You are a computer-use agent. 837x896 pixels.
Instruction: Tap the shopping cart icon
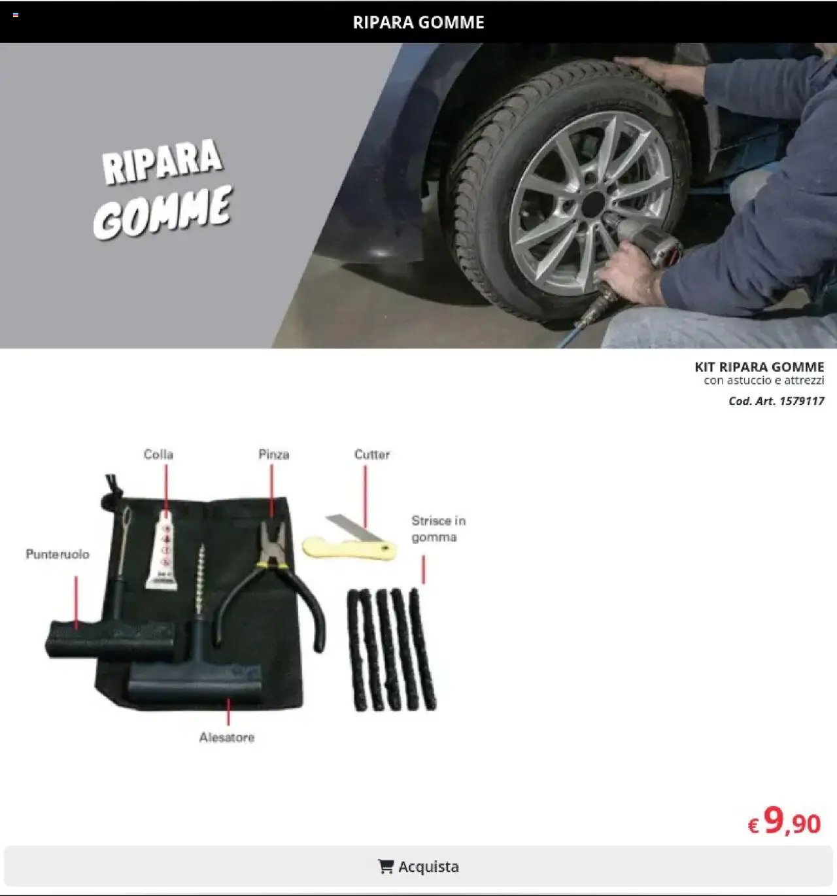pyautogui.click(x=386, y=867)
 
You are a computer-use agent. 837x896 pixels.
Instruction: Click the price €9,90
pyautogui.click(x=784, y=821)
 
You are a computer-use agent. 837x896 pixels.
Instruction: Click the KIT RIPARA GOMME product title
pyautogui.click(x=759, y=367)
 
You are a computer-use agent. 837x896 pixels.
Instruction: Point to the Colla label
pyautogui.click(x=158, y=454)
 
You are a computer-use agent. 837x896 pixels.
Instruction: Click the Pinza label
pyautogui.click(x=273, y=454)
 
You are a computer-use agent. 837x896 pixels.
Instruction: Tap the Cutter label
pyautogui.click(x=371, y=454)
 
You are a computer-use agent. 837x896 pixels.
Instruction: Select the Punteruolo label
pyautogui.click(x=58, y=554)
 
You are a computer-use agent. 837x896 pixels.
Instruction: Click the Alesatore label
pyautogui.click(x=226, y=737)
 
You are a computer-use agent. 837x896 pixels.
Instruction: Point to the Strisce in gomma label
pyautogui.click(x=438, y=528)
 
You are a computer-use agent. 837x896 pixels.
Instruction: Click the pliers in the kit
pyautogui.click(x=275, y=576)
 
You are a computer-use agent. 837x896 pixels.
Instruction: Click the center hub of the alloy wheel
pyautogui.click(x=592, y=204)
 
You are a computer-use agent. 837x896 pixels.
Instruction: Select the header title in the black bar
pyautogui.click(x=418, y=22)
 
